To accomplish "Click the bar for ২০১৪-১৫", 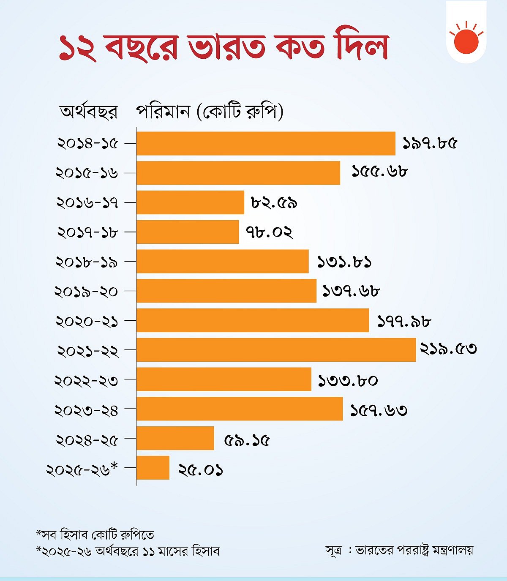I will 266,144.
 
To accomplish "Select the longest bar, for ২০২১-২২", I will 276,350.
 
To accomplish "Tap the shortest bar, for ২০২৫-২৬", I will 153,468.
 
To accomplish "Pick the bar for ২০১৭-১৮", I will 188,232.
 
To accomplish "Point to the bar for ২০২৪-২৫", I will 175,438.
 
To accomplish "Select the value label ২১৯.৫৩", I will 448,349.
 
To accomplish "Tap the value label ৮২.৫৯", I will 274,203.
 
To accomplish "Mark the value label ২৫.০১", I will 201,470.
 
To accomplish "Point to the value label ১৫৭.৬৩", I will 379,410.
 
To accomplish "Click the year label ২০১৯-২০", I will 86,292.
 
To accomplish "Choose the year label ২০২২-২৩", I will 86,381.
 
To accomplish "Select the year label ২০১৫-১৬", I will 87,173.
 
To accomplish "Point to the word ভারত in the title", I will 227,46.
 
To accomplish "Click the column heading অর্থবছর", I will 88,112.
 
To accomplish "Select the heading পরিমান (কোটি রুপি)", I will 210,112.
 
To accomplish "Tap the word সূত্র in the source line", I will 334,550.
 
